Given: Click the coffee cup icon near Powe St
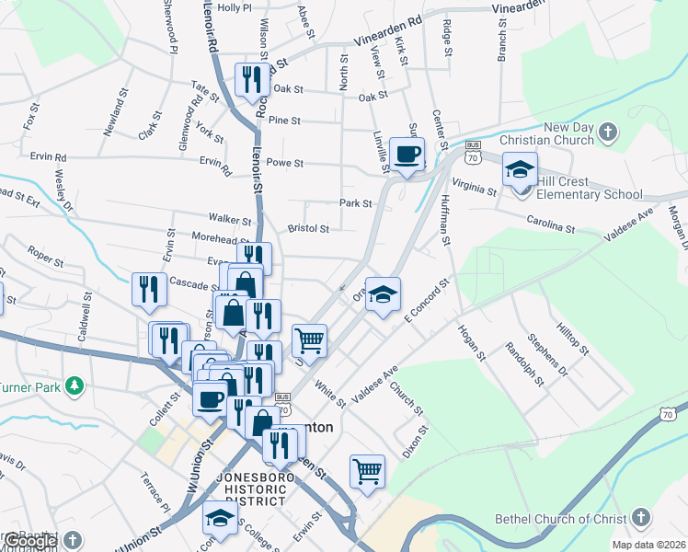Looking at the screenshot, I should (x=407, y=154).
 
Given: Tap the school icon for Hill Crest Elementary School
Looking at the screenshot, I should (x=520, y=170).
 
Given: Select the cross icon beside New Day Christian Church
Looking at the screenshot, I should (x=606, y=133).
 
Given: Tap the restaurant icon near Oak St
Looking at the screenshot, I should (x=250, y=78).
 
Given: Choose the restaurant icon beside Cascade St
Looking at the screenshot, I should (x=147, y=288).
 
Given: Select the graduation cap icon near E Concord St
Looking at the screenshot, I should (x=384, y=293).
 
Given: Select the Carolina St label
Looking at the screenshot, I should (x=550, y=223).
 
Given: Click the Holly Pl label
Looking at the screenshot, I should (x=234, y=7).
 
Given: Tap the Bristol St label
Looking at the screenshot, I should (x=308, y=228).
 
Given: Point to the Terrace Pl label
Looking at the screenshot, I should (x=153, y=493).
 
